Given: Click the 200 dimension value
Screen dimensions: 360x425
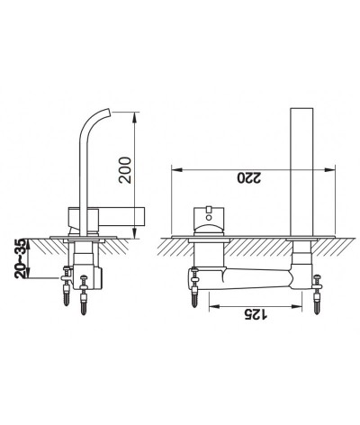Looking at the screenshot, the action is [125, 170].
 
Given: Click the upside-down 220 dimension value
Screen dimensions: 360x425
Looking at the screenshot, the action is [249, 177].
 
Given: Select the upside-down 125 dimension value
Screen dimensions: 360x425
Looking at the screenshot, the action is [256, 314].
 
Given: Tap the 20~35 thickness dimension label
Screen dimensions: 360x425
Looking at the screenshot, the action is [21, 258].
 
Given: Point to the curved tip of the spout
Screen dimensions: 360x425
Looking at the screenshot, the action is [108, 112].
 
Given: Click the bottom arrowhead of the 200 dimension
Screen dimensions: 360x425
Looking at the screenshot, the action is [135, 233].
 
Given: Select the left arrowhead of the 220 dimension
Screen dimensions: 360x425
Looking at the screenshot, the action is [176, 170].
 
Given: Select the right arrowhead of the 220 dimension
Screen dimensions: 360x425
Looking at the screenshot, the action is [329, 170].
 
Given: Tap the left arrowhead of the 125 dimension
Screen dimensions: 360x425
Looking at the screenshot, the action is [214, 306].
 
